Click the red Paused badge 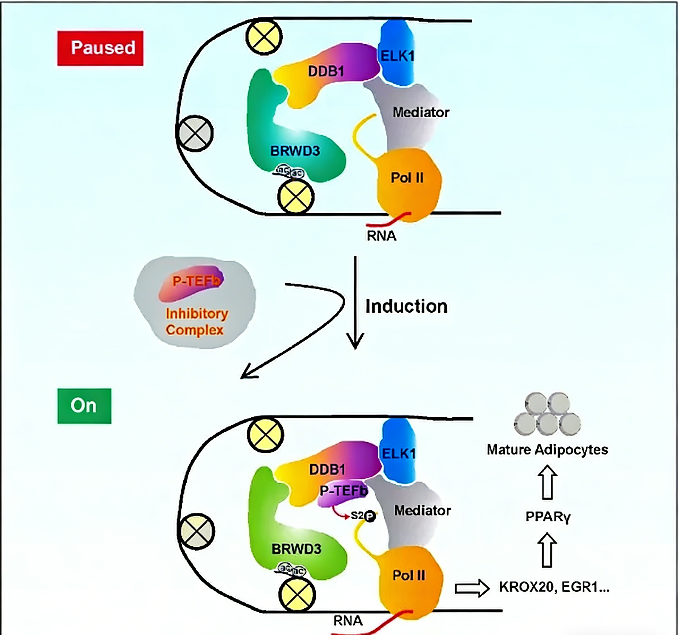click(100, 48)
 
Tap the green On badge click(84, 406)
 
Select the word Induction click(406, 306)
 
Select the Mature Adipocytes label click(547, 450)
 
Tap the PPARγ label click(547, 516)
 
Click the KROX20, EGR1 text click(554, 587)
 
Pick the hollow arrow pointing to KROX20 click(472, 588)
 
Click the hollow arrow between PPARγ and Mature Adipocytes click(547, 482)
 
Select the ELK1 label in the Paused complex click(397, 56)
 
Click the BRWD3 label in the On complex click(296, 549)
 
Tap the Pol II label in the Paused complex click(407, 178)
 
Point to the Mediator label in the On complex click(422, 511)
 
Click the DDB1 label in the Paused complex click(326, 71)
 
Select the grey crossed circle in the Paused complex click(195, 133)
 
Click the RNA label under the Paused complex click(381, 236)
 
